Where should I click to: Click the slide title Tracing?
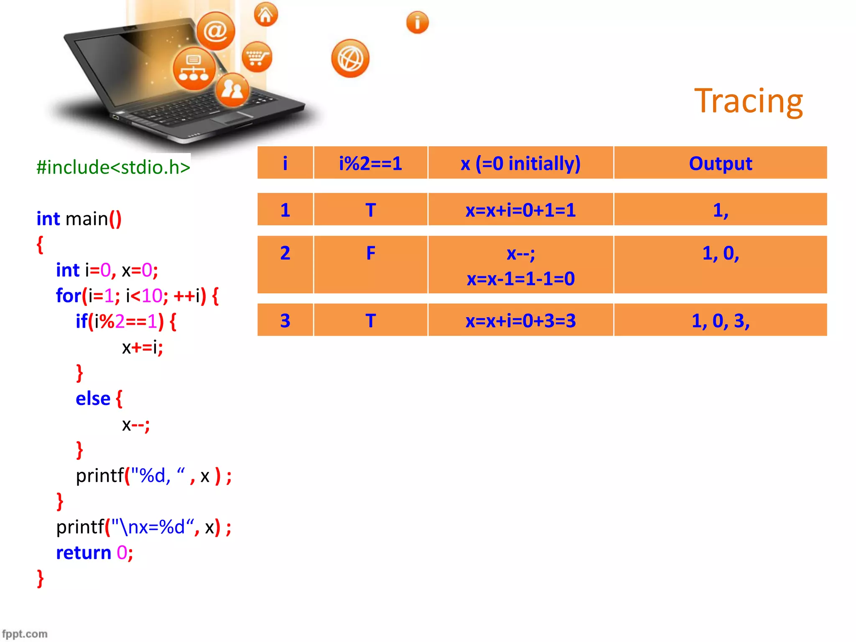pyautogui.click(x=748, y=101)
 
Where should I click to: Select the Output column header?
pyautogui.click(x=720, y=163)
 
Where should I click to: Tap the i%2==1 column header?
pyautogui.click(x=370, y=163)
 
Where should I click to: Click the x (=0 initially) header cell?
pyautogui.click(x=520, y=163)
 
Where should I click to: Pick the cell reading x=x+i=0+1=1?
pyautogui.click(x=520, y=210)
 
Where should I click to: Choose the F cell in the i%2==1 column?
pyautogui.click(x=370, y=253)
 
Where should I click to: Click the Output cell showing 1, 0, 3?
pyautogui.click(x=720, y=321)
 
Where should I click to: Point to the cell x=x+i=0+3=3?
pyautogui.click(x=520, y=321)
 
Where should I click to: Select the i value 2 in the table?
pyautogui.click(x=285, y=253)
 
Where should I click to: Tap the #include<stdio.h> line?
pyautogui.click(x=113, y=167)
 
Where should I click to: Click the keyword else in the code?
pyautogui.click(x=93, y=399)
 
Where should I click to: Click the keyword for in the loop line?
pyautogui.click(x=68, y=296)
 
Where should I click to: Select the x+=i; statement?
pyautogui.click(x=142, y=347)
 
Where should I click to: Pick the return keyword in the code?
pyautogui.click(x=84, y=553)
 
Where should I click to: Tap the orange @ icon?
pyautogui.click(x=216, y=31)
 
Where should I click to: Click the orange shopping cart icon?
pyautogui.click(x=257, y=57)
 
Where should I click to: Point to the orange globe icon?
pyautogui.click(x=350, y=59)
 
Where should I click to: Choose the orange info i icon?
pyautogui.click(x=417, y=23)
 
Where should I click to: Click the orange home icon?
pyautogui.click(x=266, y=15)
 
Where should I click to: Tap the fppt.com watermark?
pyautogui.click(x=25, y=634)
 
